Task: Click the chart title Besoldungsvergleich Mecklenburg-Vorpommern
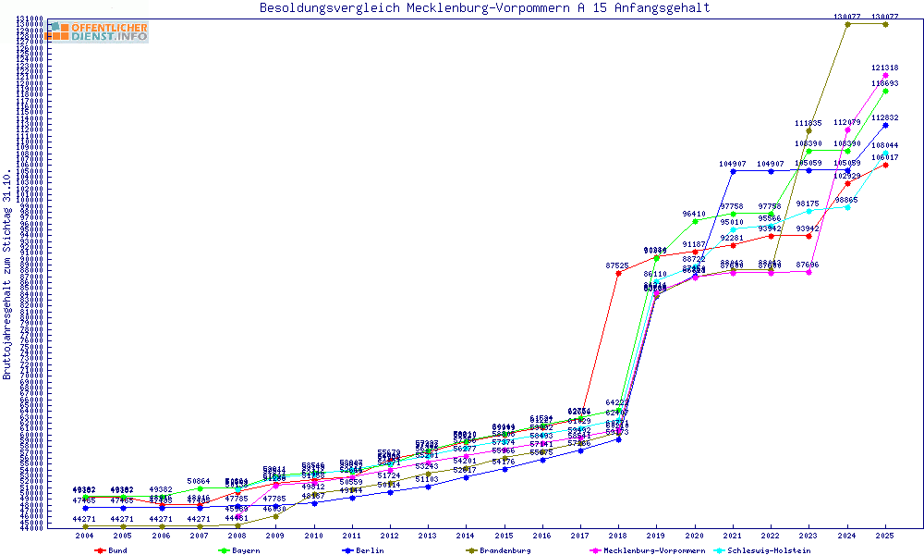[484, 8]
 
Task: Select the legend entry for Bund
[112, 550]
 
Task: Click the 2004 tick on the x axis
[85, 536]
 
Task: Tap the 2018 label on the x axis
[618, 536]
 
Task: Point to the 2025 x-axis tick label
[885, 536]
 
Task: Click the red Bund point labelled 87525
[618, 273]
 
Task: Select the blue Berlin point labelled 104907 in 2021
[733, 171]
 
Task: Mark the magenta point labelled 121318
[885, 75]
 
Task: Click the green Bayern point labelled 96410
[694, 220]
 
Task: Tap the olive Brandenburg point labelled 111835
[808, 130]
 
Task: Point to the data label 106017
[885, 157]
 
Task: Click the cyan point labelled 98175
[808, 211]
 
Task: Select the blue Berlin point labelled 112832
[885, 124]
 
